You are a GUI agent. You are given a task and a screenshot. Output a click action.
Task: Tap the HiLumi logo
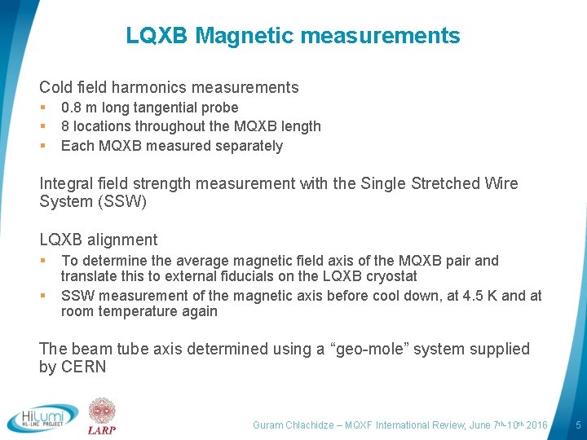coord(42,417)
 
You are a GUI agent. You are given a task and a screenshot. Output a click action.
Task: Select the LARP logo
coord(103,416)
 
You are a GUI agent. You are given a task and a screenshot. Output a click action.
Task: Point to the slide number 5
coord(578,425)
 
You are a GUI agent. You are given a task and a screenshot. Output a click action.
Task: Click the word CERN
coord(85,367)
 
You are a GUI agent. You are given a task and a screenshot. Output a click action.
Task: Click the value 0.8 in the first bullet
coord(72,108)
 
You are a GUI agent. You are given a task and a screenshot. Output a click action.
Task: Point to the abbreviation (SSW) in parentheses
coord(125,201)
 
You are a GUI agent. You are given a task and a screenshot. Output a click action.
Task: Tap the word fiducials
coord(249,277)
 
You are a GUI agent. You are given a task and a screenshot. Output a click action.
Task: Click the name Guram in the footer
coord(268,425)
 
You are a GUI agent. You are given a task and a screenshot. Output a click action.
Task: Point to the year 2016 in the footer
coord(536,425)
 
